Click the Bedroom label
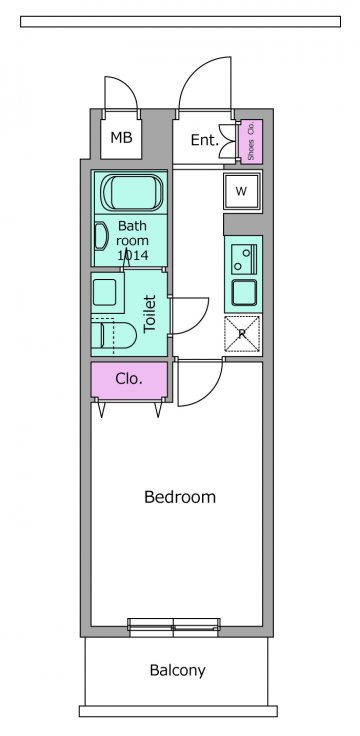[180, 497]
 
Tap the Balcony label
[177, 670]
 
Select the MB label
[121, 138]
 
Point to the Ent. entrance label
[205, 140]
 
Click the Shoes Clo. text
[251, 141]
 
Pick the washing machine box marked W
[241, 191]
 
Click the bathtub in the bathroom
[131, 192]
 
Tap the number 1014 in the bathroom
[133, 255]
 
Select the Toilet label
[150, 314]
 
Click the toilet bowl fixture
[114, 336]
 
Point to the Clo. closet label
[129, 379]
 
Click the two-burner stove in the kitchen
[243, 260]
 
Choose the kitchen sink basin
[244, 293]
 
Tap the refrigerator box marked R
[242, 334]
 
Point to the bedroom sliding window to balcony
[174, 627]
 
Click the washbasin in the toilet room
[105, 292]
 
